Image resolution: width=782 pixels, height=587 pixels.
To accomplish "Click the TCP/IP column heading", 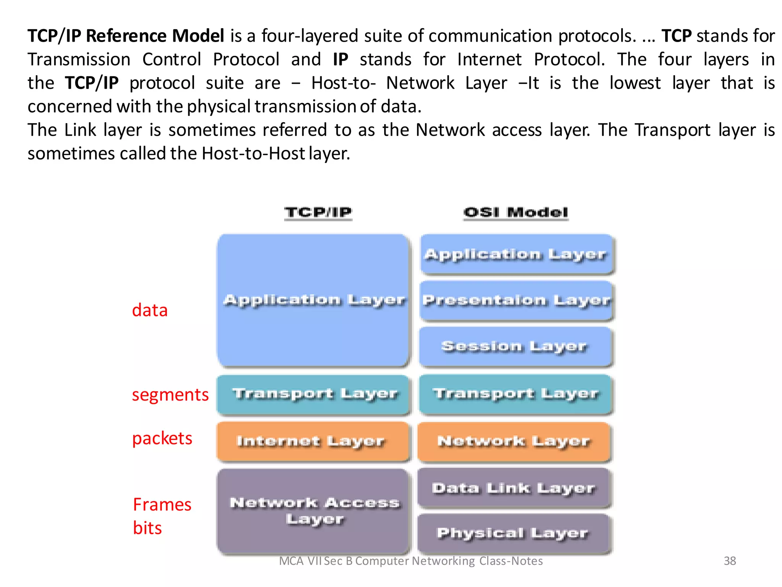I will click(x=318, y=212).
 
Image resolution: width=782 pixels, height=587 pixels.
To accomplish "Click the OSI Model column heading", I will click(x=516, y=212).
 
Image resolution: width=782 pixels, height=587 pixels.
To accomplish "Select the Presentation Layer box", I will click(x=516, y=301).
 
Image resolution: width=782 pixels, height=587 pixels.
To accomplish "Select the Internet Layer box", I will click(x=312, y=441).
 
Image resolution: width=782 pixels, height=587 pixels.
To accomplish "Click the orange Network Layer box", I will click(x=514, y=441).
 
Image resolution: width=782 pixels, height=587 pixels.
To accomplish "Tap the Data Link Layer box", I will click(x=514, y=488).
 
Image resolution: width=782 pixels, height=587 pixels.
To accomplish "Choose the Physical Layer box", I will click(x=514, y=533).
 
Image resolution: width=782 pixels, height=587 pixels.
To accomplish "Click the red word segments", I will click(x=170, y=395).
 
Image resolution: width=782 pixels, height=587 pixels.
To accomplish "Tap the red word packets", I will click(x=162, y=438).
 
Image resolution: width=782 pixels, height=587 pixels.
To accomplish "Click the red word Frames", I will click(x=162, y=505).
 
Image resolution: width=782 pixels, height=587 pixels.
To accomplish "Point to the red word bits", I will click(x=147, y=528).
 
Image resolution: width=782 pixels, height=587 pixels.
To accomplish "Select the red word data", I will click(x=150, y=310).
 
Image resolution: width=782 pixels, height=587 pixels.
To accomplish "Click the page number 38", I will click(x=730, y=561).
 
